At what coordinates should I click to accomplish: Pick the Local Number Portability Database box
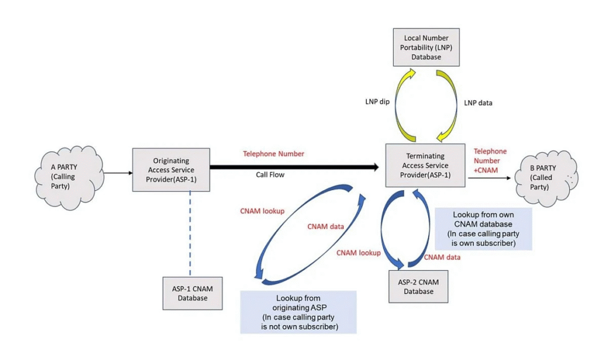point(426,48)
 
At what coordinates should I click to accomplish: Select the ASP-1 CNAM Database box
point(192,293)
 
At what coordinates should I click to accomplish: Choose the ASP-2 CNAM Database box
point(418,286)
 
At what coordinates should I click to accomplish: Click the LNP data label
point(478,102)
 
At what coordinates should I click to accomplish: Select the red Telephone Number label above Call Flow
point(273,154)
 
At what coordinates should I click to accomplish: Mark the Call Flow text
point(271,176)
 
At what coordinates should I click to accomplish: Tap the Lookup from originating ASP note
point(298,311)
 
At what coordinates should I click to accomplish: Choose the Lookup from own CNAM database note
point(483,229)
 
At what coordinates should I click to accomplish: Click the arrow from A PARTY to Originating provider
point(118,173)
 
